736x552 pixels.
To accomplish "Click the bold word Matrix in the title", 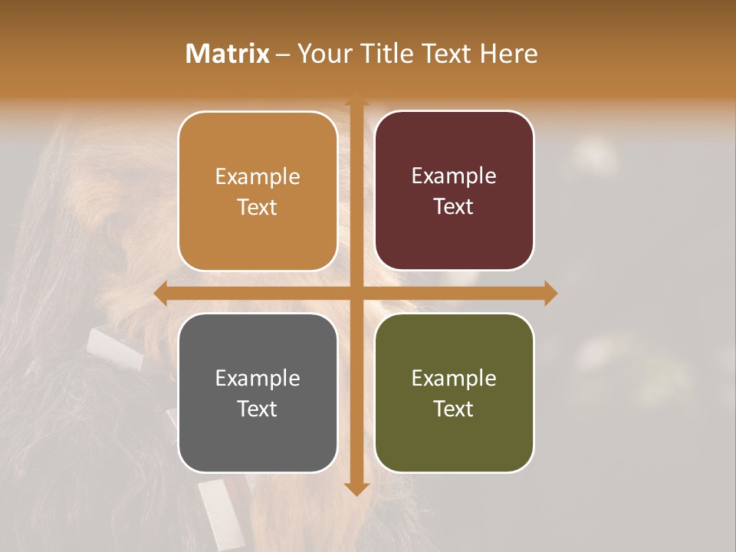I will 228,54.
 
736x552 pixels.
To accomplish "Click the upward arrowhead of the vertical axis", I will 356,99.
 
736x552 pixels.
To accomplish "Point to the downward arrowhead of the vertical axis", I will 356,488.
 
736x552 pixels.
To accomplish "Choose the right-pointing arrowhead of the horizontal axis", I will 550,293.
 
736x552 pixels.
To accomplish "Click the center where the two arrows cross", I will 356,293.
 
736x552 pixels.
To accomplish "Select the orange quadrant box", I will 258,192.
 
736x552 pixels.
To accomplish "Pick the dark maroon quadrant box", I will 454,191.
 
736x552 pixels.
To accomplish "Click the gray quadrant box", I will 258,393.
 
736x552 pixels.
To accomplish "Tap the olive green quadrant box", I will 454,393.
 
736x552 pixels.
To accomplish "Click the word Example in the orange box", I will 258,177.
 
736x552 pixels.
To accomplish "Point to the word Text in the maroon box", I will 454,207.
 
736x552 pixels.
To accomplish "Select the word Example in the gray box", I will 258,379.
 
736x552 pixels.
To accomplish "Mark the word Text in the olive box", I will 454,409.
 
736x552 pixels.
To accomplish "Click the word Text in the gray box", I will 258,409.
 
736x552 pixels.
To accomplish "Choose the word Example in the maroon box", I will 454,176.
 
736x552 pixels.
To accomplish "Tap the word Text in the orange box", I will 258,208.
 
